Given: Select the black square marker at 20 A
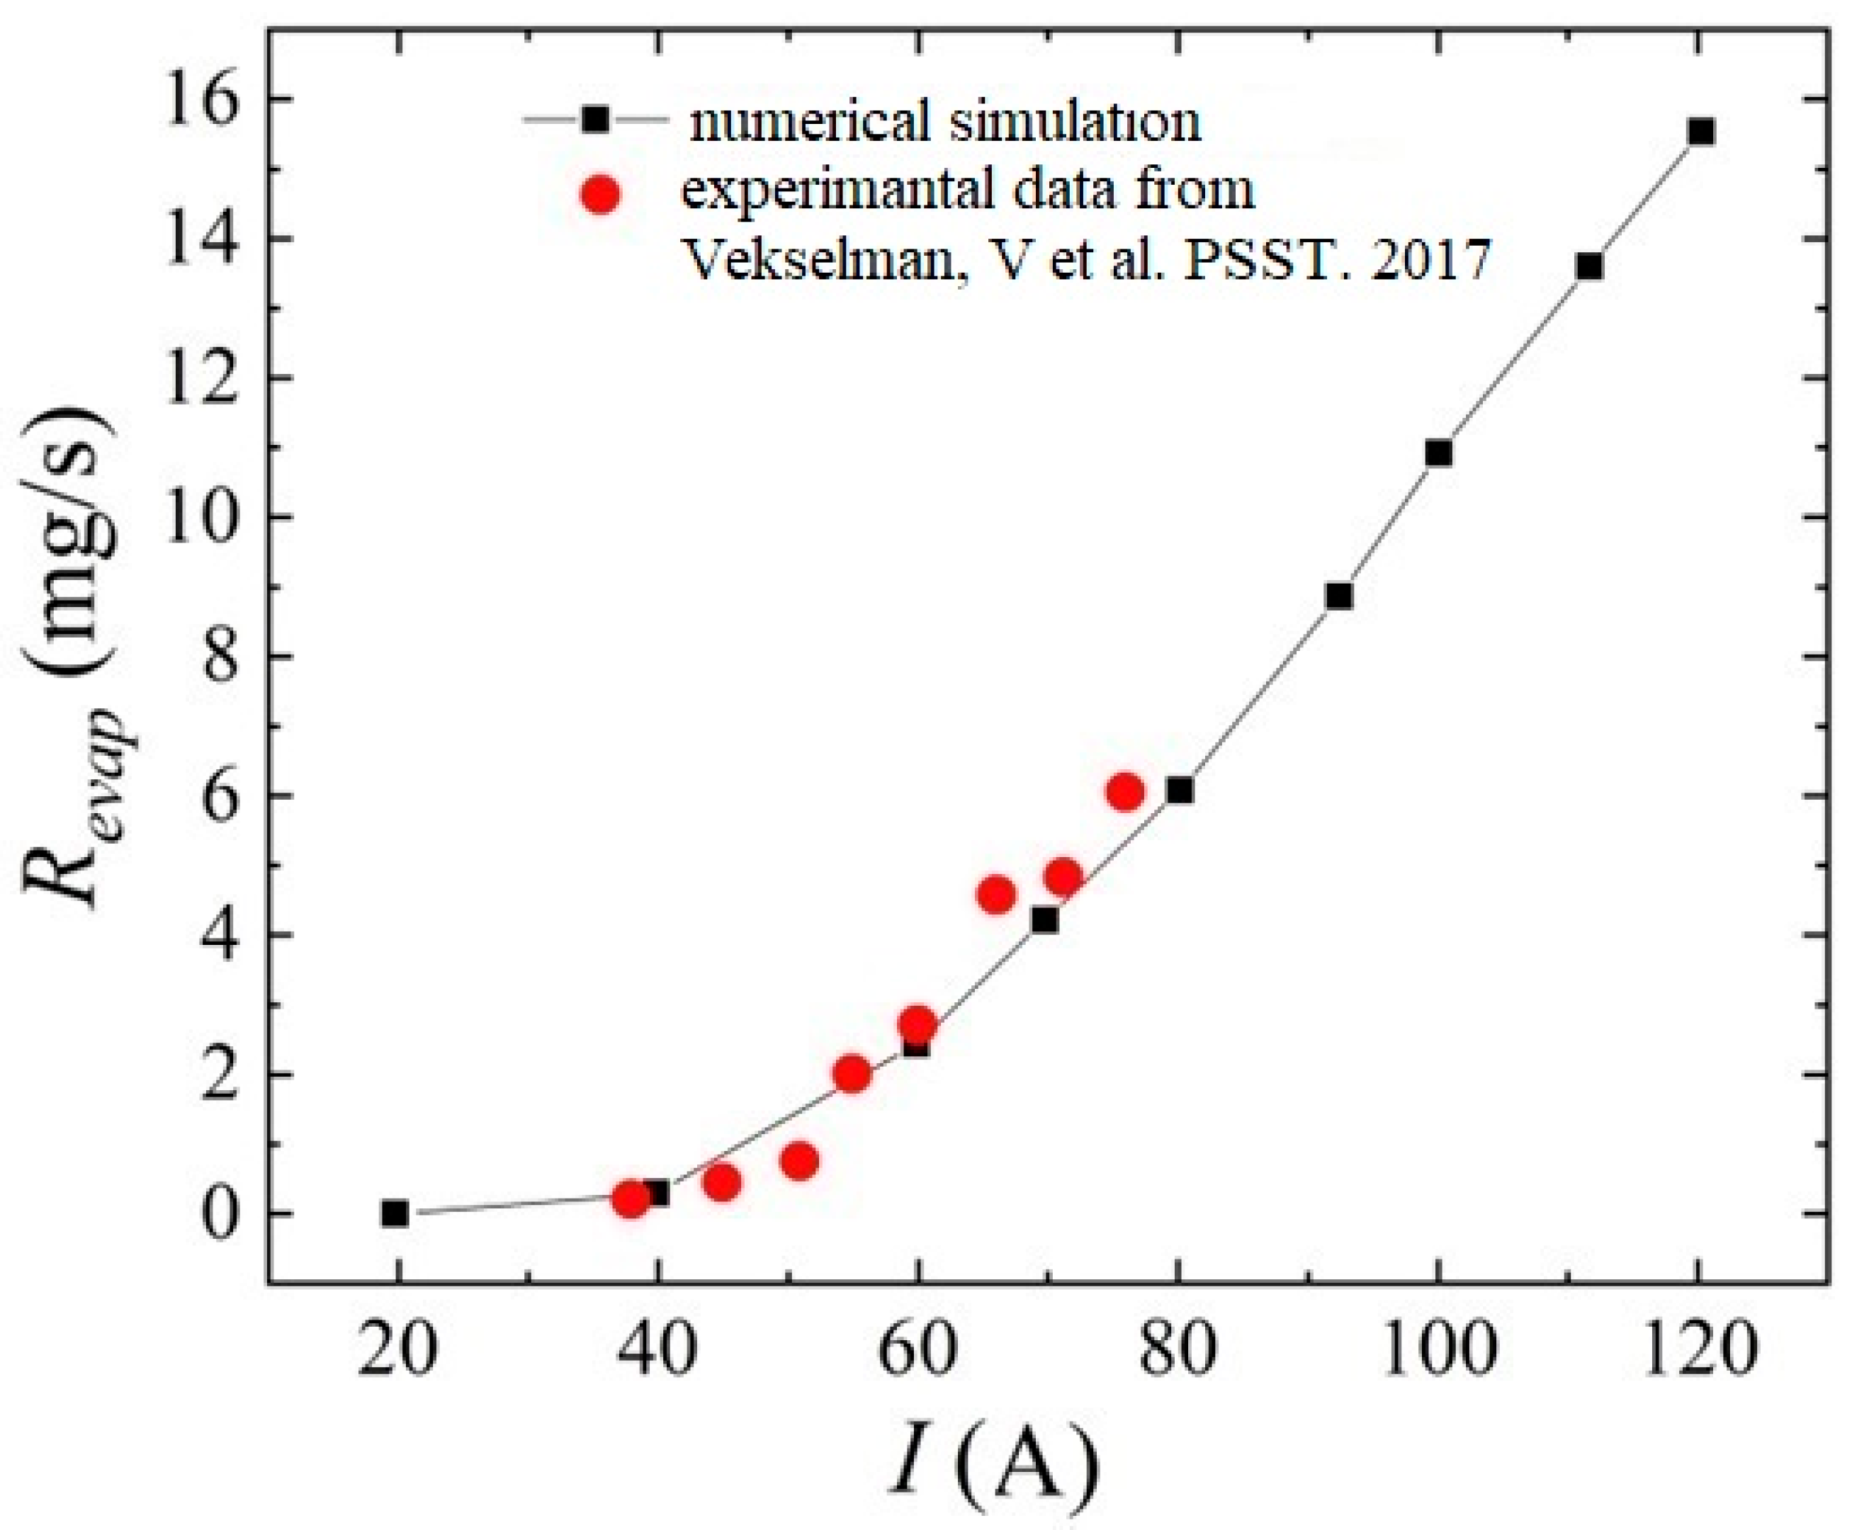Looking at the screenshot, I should click(395, 1213).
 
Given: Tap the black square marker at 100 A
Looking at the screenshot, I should click(1438, 453).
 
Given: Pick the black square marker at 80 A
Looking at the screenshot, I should click(1180, 790).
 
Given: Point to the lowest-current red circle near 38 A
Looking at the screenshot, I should click(631, 1198).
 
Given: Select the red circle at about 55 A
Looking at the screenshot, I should click(852, 1073).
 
